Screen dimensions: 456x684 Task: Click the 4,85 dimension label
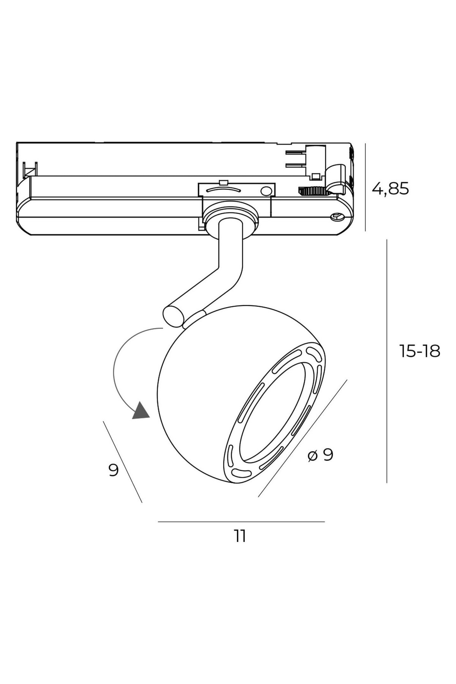coord(390,188)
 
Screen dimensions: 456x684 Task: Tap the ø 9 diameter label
coord(320,454)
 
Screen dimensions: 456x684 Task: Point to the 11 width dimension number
coord(240,536)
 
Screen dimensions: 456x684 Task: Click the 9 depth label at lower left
coord(113,470)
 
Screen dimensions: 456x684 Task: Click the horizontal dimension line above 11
coord(241,522)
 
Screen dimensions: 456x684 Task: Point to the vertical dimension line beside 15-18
coord(387,361)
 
